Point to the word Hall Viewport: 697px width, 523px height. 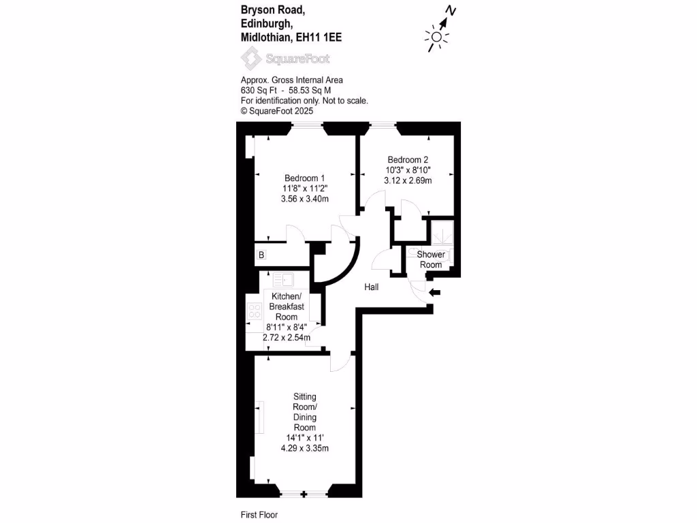(372, 287)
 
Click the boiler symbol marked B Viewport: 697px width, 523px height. (261, 255)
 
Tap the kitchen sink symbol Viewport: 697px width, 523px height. (283, 279)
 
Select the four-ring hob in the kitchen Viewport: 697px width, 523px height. (255, 312)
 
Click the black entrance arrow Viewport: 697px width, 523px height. (434, 293)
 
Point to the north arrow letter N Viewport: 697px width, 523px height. (451, 10)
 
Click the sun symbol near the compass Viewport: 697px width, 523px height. (436, 38)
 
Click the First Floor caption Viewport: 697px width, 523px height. (259, 515)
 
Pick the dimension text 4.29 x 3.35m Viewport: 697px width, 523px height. (304, 448)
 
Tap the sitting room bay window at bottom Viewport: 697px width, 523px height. (304, 492)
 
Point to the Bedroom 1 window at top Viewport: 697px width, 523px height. (308, 125)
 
